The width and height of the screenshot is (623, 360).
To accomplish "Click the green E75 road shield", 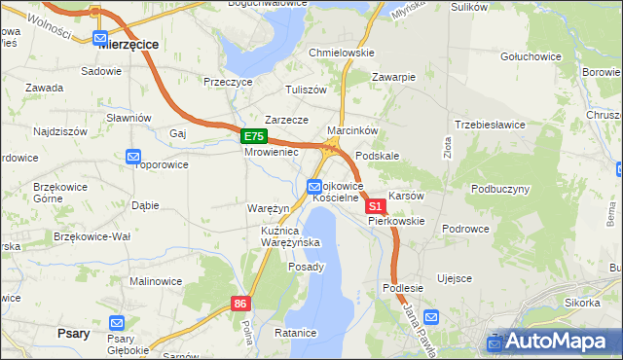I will click(x=253, y=137).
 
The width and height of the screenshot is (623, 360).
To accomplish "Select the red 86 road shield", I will click(x=241, y=305).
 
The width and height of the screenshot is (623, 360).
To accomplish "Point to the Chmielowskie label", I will click(x=341, y=53).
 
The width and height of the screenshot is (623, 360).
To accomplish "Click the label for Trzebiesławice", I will click(x=490, y=125).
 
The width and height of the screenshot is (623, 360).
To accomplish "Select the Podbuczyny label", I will click(x=499, y=188).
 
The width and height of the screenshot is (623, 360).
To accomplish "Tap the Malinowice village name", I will click(x=156, y=281).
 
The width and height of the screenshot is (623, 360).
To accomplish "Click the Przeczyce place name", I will click(x=228, y=83).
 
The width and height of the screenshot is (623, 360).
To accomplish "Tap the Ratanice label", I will click(x=296, y=333).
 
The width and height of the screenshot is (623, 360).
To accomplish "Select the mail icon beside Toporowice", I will click(x=133, y=156).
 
